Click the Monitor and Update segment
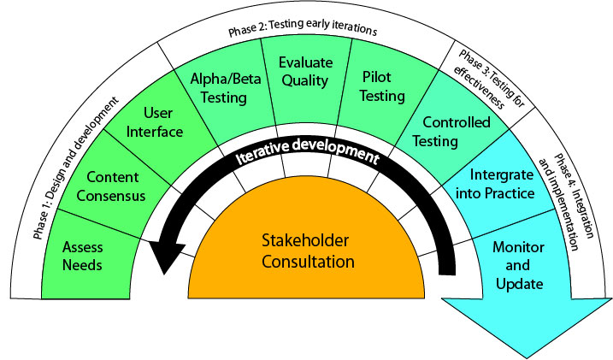pos(518,265)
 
